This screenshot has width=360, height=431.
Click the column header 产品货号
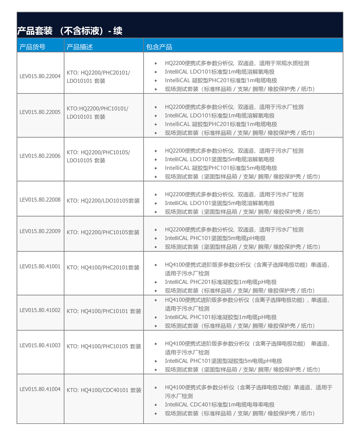click(x=32, y=47)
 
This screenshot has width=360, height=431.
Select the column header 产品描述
click(x=80, y=47)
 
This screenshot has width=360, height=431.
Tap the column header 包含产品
click(x=159, y=47)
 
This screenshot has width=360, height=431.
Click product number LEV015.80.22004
click(x=40, y=76)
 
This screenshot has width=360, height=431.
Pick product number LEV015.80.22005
click(x=40, y=112)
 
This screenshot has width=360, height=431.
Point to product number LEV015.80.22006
click(x=40, y=156)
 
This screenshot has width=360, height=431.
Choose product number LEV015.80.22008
click(x=40, y=200)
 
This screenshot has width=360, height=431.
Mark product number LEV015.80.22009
click(x=40, y=231)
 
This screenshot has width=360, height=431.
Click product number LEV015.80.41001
click(x=40, y=267)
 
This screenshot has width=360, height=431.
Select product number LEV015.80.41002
click(x=40, y=310)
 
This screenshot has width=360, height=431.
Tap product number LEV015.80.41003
click(x=40, y=345)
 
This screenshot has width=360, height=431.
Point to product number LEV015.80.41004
click(x=40, y=389)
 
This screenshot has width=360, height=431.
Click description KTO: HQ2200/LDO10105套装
click(x=103, y=201)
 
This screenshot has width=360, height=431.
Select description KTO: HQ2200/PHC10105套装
click(x=103, y=233)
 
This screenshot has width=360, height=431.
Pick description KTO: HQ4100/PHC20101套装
click(x=103, y=268)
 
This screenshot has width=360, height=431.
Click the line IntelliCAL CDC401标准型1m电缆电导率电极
click(x=220, y=405)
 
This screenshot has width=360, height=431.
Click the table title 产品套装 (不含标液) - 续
click(x=70, y=30)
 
